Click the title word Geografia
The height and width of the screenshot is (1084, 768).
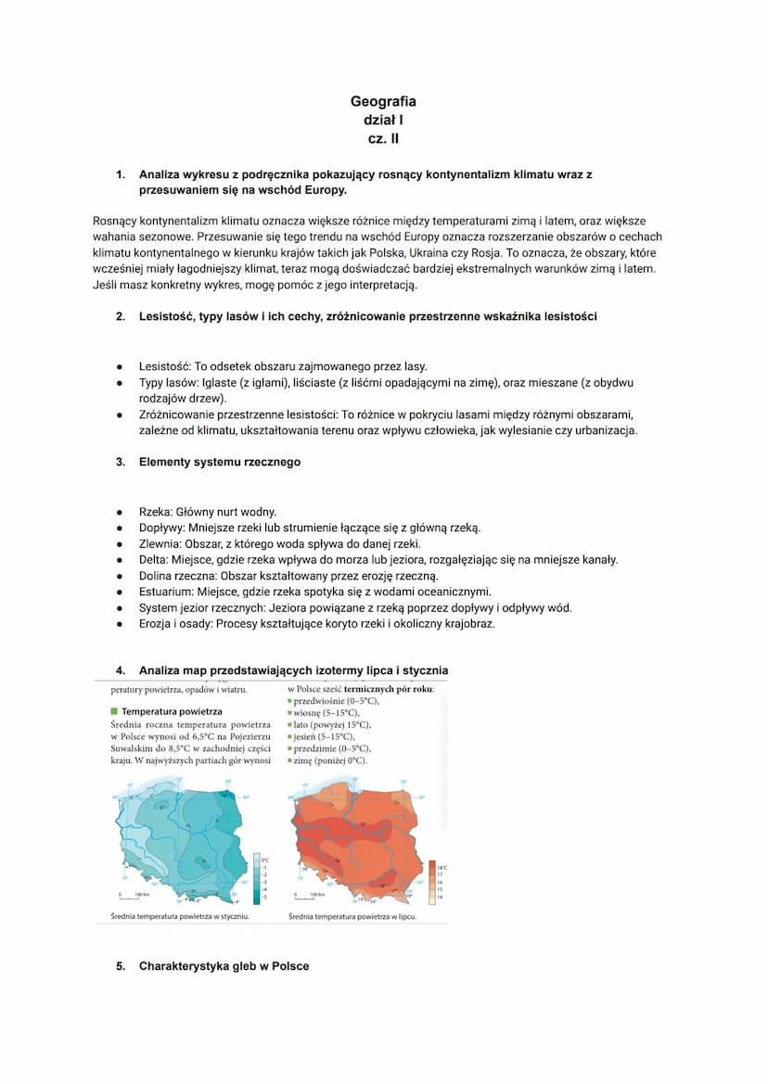pyautogui.click(x=383, y=101)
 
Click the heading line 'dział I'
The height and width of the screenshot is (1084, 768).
pyautogui.click(x=383, y=121)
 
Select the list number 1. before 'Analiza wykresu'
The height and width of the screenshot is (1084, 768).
pyautogui.click(x=120, y=174)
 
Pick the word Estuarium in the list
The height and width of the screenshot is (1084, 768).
pyautogui.click(x=167, y=592)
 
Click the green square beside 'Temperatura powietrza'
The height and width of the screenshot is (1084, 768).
pyautogui.click(x=114, y=711)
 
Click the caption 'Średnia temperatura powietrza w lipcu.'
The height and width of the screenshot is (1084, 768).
pyautogui.click(x=352, y=916)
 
